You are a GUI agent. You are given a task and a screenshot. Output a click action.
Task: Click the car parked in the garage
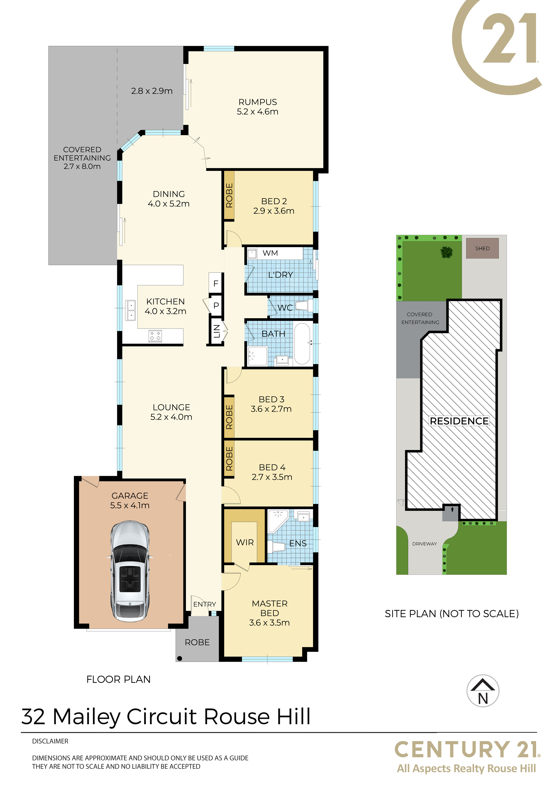point(130,572)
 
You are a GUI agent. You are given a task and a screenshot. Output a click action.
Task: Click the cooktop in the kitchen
point(155,336)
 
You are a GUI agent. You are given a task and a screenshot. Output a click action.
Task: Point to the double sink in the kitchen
point(131,310)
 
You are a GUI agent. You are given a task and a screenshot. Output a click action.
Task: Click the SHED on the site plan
point(482,248)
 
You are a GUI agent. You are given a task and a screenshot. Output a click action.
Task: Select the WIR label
point(245,543)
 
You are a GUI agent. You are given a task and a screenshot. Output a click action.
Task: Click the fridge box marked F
point(216,283)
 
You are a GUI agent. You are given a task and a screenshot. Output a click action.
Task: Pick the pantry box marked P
point(216,305)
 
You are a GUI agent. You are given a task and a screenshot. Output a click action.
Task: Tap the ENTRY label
point(205,604)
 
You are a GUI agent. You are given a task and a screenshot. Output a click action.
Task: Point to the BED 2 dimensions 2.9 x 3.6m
point(274,211)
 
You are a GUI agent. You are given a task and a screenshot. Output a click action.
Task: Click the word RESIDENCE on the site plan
point(459,421)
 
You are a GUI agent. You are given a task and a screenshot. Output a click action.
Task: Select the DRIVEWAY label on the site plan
point(425,544)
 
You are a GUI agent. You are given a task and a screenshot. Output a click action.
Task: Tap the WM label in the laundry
point(270,253)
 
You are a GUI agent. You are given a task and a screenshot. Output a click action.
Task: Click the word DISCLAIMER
point(50,741)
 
